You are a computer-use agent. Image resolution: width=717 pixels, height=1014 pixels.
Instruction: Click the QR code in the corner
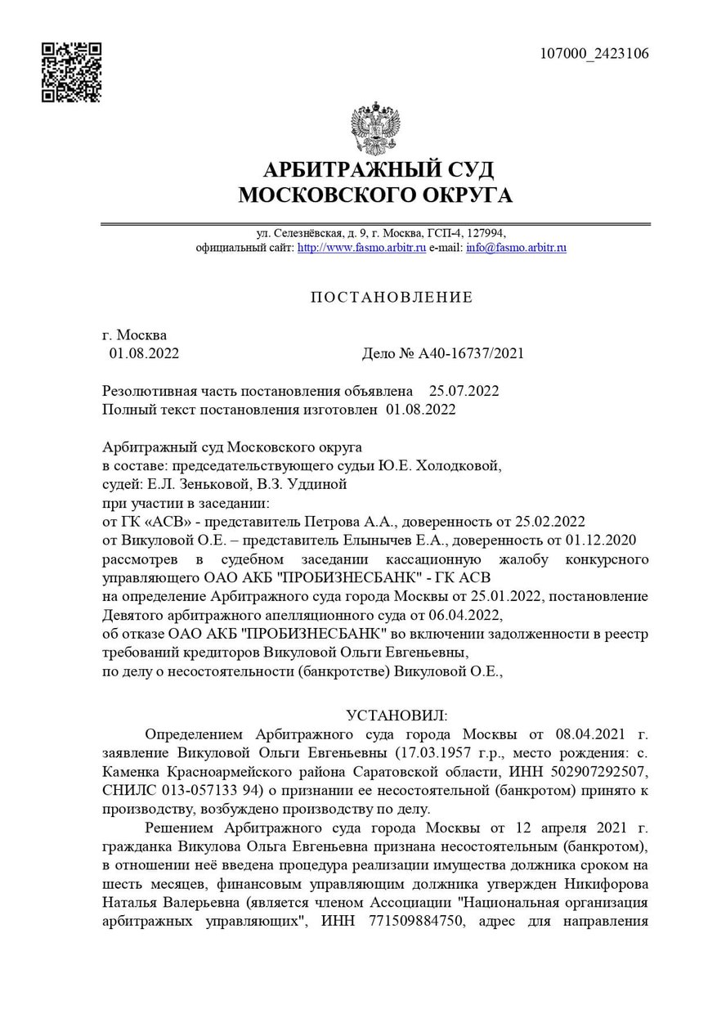point(72,73)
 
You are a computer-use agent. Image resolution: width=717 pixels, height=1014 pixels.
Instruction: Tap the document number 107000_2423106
point(594,54)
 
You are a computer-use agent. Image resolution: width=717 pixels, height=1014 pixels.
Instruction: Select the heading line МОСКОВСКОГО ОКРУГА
point(375,195)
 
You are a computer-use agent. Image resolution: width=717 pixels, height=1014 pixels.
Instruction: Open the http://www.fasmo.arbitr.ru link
point(361,247)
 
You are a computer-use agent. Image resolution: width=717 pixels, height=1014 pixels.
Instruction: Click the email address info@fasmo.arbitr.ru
point(516,247)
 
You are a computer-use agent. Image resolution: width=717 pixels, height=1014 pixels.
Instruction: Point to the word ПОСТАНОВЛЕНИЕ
point(392,297)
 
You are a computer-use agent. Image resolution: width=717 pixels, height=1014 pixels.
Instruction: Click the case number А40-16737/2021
point(471,353)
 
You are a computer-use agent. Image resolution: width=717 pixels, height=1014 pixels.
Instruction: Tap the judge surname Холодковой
point(458,465)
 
